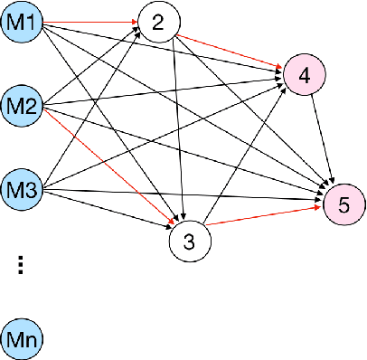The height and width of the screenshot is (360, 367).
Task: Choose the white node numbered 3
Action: pyautogui.click(x=189, y=242)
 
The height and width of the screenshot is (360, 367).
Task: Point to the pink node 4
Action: pyautogui.click(x=305, y=77)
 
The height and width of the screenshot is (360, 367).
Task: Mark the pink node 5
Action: pyautogui.click(x=343, y=205)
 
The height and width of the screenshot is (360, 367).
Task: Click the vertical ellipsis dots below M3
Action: pyautogui.click(x=22, y=263)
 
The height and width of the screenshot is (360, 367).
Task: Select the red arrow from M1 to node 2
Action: pyautogui.click(x=90, y=23)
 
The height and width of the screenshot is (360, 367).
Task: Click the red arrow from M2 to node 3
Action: pyautogui.click(x=108, y=168)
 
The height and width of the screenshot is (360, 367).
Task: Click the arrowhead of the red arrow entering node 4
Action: pyautogui.click(x=280, y=66)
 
